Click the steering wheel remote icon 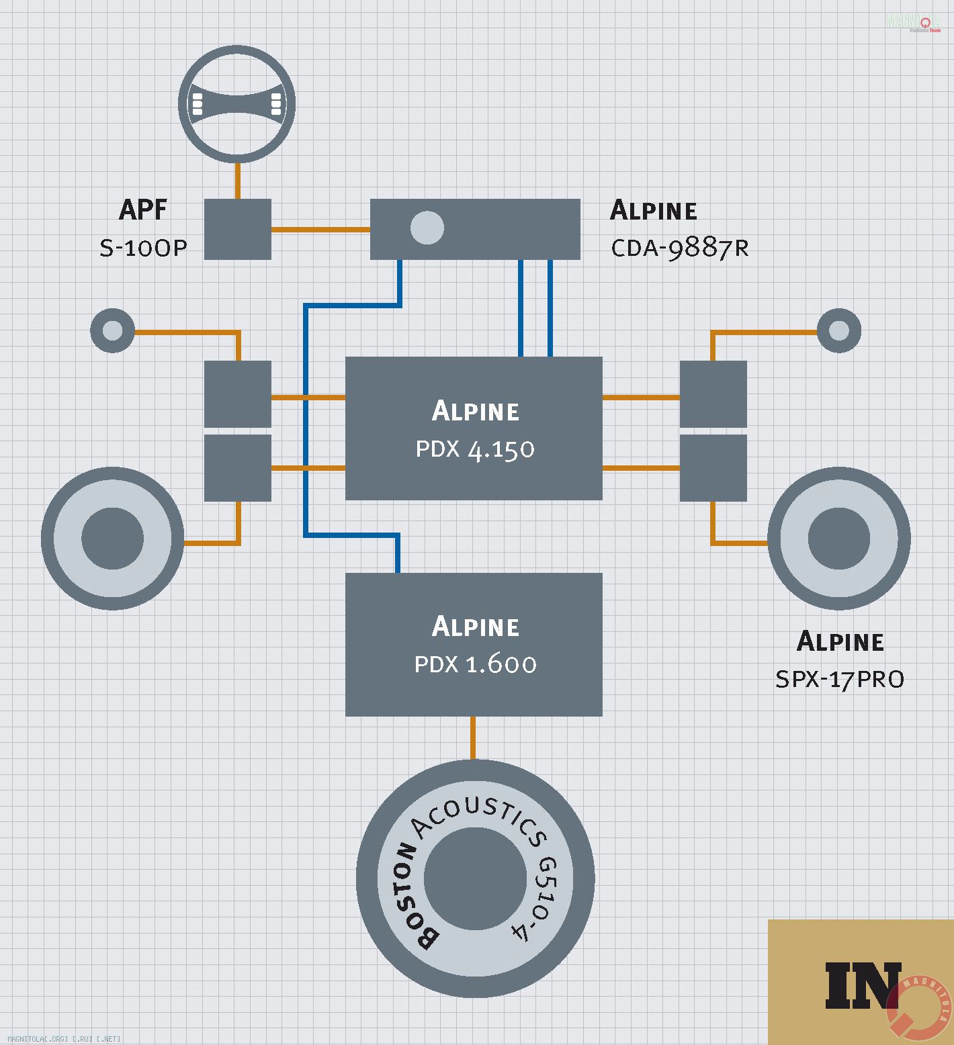(x=236, y=104)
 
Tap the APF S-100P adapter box (x=237, y=229)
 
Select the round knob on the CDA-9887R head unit (x=427, y=228)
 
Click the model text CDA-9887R (x=679, y=248)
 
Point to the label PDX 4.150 (x=475, y=449)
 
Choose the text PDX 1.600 (x=475, y=664)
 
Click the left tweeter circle (x=112, y=330)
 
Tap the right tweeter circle (x=838, y=330)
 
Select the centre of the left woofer (x=112, y=539)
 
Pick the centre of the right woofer (x=838, y=539)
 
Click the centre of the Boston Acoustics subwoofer (x=475, y=878)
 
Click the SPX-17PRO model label (x=839, y=680)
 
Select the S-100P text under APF (x=143, y=248)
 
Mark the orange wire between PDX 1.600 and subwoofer (x=473, y=737)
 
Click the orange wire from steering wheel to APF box (x=237, y=180)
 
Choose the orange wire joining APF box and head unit (x=320, y=230)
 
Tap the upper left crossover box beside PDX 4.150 (x=237, y=394)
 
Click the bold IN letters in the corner (x=862, y=985)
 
